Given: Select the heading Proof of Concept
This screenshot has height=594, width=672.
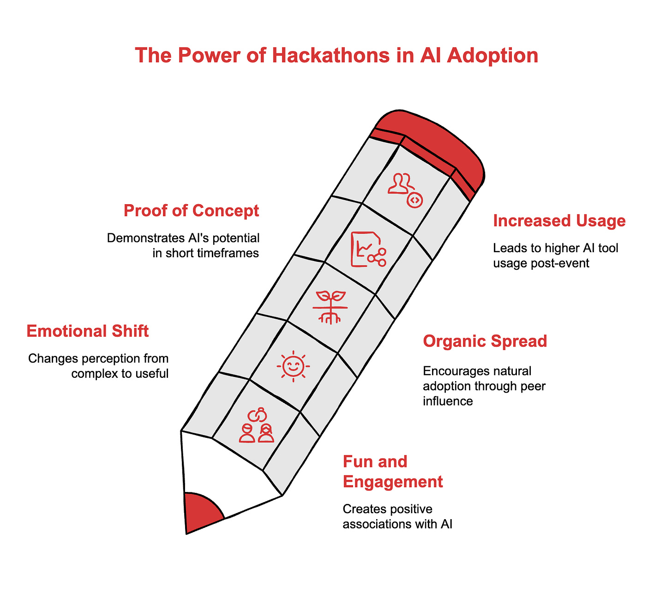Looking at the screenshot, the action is (191, 211).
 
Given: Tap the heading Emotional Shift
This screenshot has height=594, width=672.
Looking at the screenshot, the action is (88, 331).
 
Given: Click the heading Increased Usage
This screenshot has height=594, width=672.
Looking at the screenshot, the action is (559, 221).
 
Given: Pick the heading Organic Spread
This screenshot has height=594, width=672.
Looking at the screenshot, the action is (485, 341).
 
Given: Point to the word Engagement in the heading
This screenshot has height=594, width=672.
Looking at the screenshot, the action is (393, 482).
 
